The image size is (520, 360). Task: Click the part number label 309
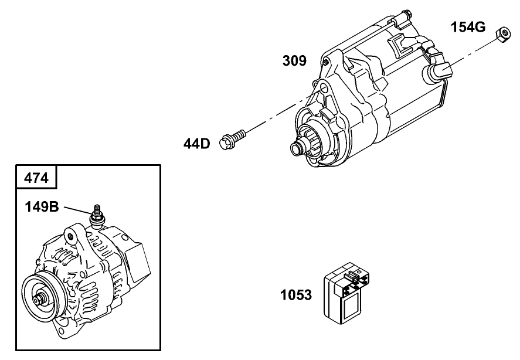tap(294, 61)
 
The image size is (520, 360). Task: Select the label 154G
tap(468, 27)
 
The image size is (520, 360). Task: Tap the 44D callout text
tap(196, 143)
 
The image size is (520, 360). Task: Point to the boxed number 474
tap(36, 176)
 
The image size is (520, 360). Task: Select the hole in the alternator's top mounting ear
tap(70, 236)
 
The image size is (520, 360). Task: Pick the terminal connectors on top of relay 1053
tap(354, 275)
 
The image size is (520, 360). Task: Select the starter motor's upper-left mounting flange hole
tap(321, 89)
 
